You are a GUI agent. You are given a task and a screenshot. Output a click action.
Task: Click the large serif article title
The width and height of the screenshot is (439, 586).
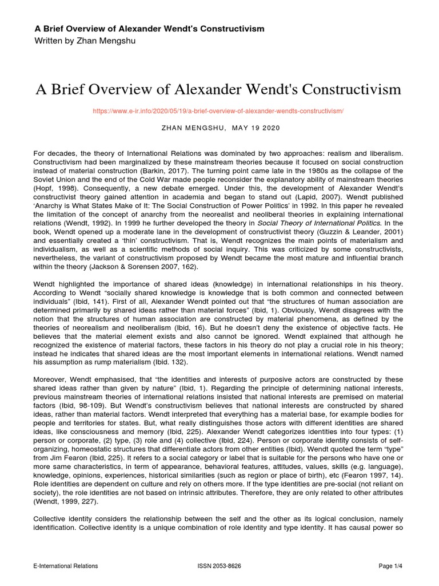pos(219,90)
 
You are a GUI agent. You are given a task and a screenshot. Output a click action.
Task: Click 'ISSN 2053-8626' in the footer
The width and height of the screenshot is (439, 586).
pos(219,566)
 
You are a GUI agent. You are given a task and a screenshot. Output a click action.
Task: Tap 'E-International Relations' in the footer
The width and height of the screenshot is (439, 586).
pos(66,566)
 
